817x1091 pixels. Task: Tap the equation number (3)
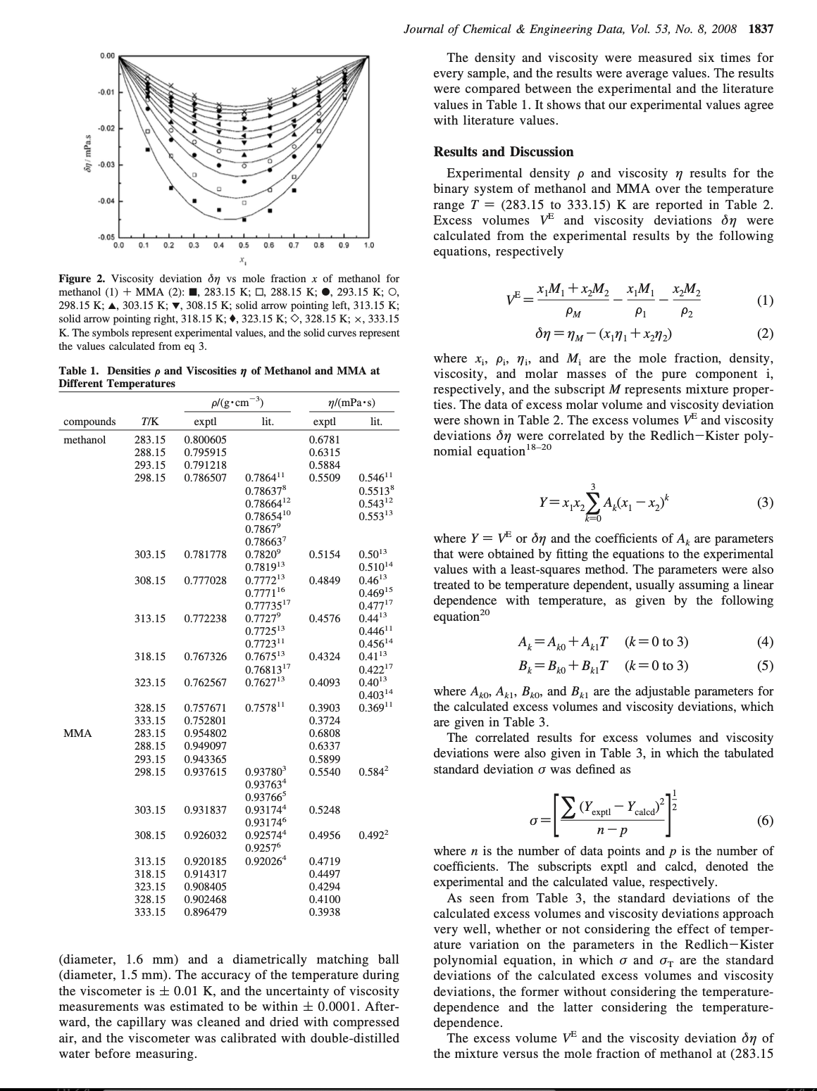pos(765,503)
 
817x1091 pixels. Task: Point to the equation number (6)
pos(765,821)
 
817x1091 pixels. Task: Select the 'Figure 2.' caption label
pos(80,279)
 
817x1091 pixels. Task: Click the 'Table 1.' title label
pos(77,371)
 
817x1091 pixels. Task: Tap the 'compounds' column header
pos(89,422)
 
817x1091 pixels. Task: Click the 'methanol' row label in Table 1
pos(85,440)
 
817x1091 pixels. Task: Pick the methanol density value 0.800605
pos(205,440)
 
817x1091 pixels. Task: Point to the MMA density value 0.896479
pos(205,912)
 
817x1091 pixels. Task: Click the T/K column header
pos(149,422)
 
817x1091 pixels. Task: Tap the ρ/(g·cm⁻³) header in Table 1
pos(228,403)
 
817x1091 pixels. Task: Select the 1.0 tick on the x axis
pos(368,246)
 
